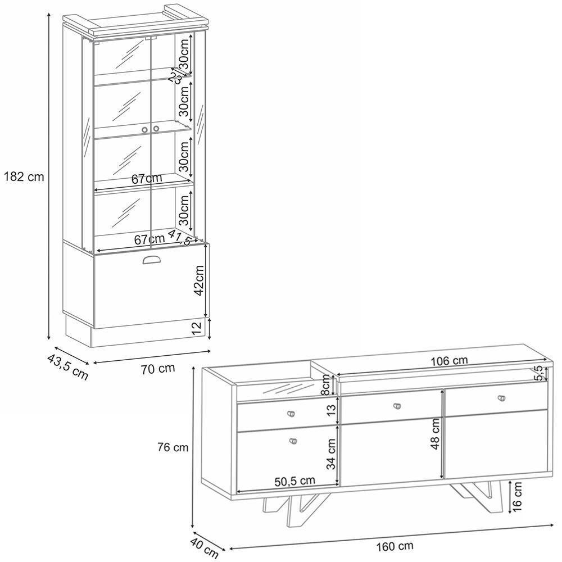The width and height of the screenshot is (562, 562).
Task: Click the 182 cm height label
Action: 23,176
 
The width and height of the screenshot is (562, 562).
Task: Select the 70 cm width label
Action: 158,369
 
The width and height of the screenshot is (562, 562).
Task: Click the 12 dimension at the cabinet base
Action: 197,329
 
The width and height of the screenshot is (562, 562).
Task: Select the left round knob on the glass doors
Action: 145,130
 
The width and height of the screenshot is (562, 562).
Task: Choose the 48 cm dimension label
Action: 435,434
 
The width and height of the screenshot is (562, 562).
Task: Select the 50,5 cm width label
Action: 294,481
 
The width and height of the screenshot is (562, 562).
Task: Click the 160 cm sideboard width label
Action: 395,546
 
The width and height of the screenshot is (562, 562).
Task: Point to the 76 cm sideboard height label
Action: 173,448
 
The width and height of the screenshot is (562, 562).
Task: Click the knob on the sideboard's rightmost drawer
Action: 501,398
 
